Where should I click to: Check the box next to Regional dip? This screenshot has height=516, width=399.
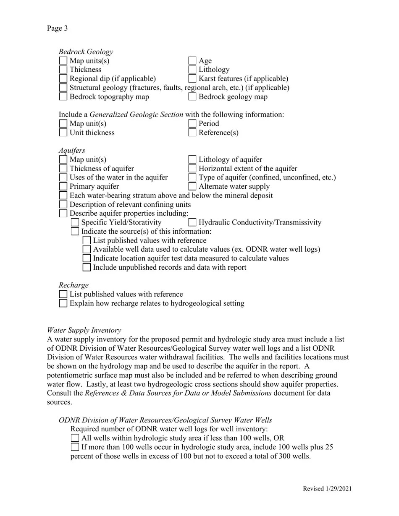[x=63, y=78]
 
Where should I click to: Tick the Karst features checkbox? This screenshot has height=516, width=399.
[x=192, y=78]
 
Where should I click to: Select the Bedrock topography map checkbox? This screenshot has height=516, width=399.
[x=63, y=96]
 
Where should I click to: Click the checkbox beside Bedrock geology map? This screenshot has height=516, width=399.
[x=192, y=96]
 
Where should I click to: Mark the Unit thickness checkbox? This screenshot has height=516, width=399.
[x=63, y=133]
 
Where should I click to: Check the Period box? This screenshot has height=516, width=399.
[x=192, y=123]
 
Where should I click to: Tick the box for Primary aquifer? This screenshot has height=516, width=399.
[x=63, y=186]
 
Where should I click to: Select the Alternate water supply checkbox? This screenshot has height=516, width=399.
[x=192, y=186]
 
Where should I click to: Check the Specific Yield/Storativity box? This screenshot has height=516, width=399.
[x=75, y=222]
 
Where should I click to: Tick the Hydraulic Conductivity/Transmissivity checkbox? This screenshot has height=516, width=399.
[x=192, y=222]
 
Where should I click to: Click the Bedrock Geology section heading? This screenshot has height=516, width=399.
[x=86, y=52]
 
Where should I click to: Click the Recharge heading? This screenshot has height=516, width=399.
[x=73, y=285]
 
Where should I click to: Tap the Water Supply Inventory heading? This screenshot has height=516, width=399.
[x=84, y=330]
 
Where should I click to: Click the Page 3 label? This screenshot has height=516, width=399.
[x=57, y=28]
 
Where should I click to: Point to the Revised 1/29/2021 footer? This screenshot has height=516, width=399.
[x=327, y=489]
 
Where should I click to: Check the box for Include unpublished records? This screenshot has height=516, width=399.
[x=87, y=267]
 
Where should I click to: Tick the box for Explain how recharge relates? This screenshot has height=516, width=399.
[x=63, y=303]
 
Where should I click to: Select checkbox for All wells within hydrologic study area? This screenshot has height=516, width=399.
[x=75, y=438]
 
